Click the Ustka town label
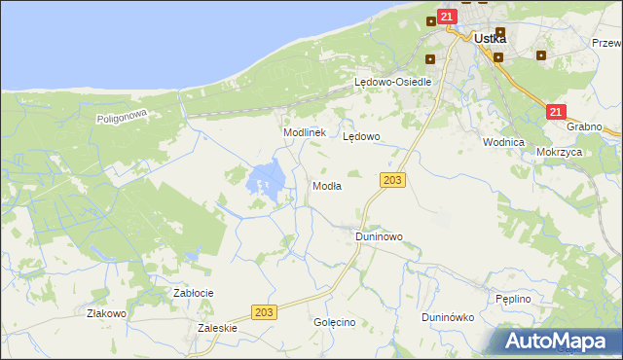tap(490, 39)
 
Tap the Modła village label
tap(325, 186)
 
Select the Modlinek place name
tap(303, 132)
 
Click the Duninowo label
tap(379, 236)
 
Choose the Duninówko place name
tap(447, 317)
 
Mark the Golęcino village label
tap(334, 322)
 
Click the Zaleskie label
tap(217, 328)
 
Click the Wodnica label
tap(503, 141)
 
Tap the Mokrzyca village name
tap(559, 153)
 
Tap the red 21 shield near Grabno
tap(555, 112)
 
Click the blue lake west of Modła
tap(267, 178)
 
